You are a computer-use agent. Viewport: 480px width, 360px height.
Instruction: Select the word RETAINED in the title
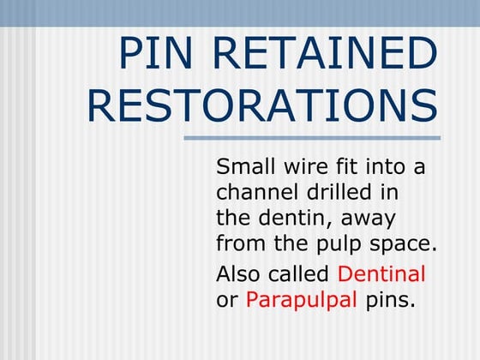click(x=328, y=54)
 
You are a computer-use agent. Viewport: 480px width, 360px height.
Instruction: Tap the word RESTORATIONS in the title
click(x=262, y=105)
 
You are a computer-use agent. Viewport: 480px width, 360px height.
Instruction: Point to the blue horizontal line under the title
click(x=312, y=138)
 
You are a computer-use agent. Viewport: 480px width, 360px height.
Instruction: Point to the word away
click(x=368, y=219)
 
